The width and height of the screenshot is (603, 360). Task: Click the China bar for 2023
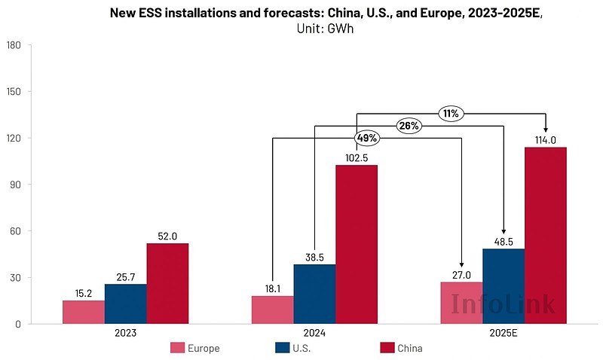[167, 284]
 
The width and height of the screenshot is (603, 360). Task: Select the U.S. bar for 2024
[314, 294]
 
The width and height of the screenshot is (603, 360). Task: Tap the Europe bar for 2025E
[461, 304]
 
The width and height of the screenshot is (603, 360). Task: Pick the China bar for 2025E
[545, 236]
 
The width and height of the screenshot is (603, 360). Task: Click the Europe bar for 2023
[83, 313]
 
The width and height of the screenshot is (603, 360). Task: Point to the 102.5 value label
[357, 157]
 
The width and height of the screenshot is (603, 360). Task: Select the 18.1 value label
[272, 288]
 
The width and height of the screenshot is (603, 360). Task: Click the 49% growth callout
[366, 138]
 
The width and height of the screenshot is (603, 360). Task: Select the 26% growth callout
[409, 126]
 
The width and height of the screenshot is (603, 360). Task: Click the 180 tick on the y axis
[13, 45]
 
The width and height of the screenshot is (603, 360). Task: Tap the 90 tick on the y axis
[15, 185]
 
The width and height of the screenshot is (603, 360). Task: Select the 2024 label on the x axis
[314, 332]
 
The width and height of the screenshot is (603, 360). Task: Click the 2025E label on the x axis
[503, 332]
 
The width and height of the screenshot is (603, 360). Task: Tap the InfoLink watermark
[503, 304]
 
